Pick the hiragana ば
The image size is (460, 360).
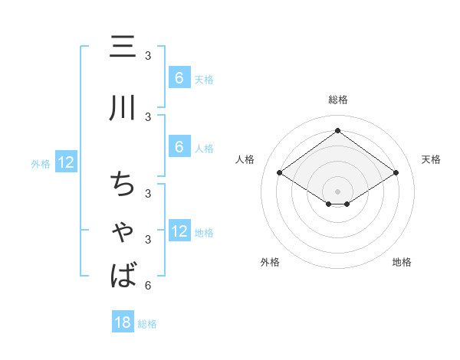[123, 274]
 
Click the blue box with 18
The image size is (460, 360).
[123, 322]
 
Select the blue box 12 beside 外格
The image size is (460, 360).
[66, 162]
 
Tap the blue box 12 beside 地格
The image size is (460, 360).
[179, 232]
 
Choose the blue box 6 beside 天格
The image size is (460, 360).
[179, 78]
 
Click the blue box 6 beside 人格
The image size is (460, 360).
[179, 147]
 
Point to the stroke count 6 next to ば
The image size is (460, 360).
[148, 286]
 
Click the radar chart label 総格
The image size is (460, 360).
[337, 100]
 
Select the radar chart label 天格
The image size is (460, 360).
[431, 159]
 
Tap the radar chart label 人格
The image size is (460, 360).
[245, 159]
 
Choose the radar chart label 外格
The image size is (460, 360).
[270, 262]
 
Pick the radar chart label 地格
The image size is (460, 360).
[402, 262]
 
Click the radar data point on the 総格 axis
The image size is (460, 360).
[337, 131]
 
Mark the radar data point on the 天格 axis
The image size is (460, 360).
[396, 173]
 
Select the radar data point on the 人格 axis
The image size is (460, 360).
[280, 173]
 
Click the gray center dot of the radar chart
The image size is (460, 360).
[337, 191]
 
